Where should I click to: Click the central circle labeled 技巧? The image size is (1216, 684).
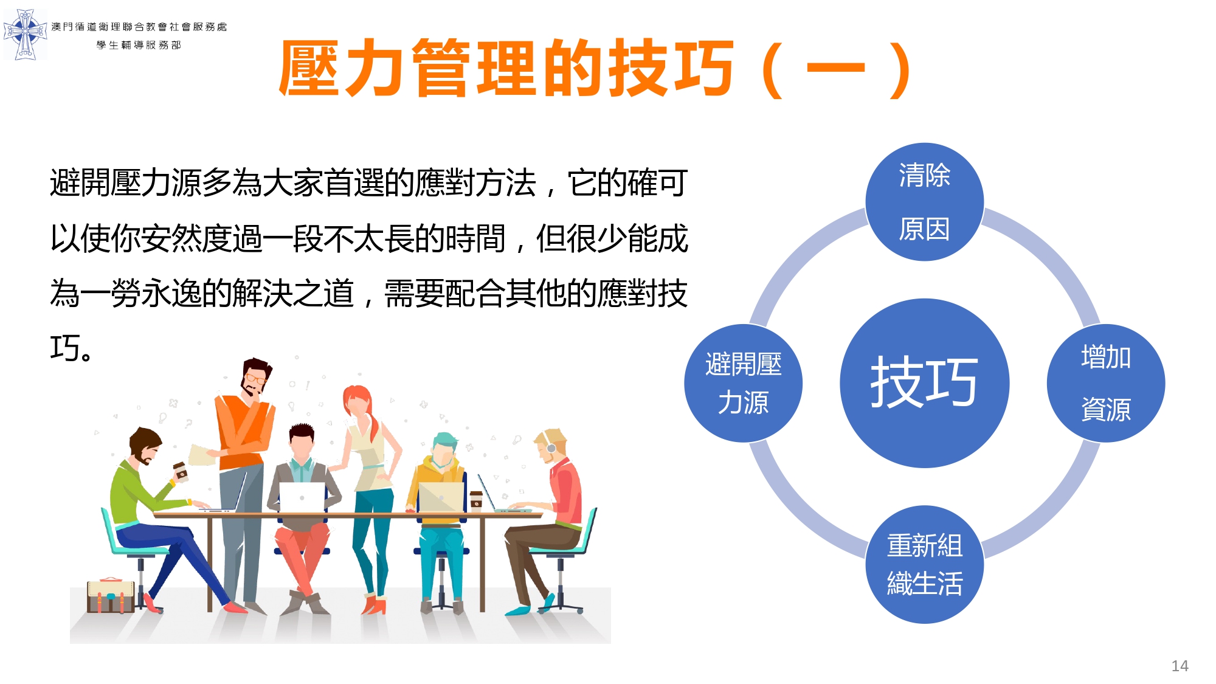click(x=924, y=383)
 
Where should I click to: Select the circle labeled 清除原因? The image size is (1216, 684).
click(x=924, y=202)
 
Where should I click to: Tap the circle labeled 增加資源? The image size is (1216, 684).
click(x=1105, y=383)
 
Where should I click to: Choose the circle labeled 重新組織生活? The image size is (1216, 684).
click(x=924, y=564)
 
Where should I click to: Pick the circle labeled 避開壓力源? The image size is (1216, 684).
click(x=743, y=383)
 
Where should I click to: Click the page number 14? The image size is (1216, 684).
click(x=1180, y=666)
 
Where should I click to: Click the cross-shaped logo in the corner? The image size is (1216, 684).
click(x=25, y=34)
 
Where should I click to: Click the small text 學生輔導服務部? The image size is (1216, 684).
click(x=139, y=45)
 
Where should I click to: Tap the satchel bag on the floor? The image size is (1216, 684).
click(x=111, y=595)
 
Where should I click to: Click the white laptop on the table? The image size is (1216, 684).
click(x=302, y=498)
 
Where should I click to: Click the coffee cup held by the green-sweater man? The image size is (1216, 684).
click(x=181, y=471)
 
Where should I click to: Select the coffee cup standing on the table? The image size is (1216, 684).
click(x=476, y=500)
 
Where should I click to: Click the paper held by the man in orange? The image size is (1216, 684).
click(x=202, y=455)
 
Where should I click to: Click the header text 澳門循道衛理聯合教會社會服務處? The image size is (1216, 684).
click(x=139, y=27)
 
